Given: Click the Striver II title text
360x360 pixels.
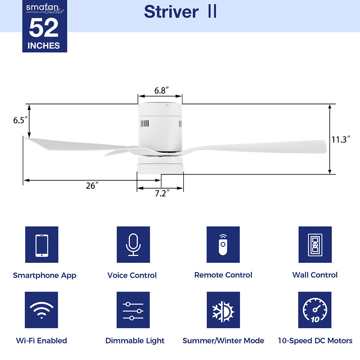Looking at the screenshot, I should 180,12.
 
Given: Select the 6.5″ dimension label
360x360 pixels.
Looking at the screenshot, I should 21,120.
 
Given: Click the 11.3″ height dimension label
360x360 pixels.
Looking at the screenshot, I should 341,140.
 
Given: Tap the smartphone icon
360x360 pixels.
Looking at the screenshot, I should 42,245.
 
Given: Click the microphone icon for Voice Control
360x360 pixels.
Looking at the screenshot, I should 133,245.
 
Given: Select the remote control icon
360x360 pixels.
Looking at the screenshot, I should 223,245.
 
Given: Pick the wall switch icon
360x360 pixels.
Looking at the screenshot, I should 315,245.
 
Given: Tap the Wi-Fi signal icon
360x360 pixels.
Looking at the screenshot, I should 41,310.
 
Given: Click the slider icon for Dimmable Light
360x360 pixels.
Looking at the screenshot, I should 133,310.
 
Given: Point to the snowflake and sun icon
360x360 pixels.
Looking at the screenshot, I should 223,310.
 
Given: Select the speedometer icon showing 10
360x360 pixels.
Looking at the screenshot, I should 315,310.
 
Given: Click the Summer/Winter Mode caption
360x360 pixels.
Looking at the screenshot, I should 223,341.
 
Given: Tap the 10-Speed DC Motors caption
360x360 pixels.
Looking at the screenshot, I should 315,341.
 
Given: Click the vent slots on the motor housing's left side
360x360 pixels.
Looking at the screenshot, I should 144,123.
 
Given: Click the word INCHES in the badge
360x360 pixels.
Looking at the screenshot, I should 44,46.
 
